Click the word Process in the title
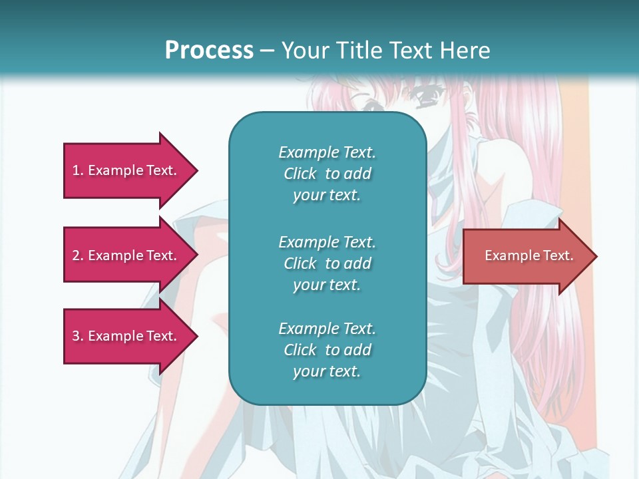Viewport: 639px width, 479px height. point(209,51)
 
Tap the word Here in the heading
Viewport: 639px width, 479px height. point(465,51)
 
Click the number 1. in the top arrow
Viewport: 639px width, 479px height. point(78,170)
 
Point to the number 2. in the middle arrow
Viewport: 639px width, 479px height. point(78,255)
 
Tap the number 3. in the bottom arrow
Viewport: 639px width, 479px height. point(78,336)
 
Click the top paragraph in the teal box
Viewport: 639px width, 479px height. point(327,174)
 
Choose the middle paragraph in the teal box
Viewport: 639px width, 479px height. point(327,263)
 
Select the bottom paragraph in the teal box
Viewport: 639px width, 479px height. point(327,350)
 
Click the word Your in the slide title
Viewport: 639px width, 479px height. point(306,51)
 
